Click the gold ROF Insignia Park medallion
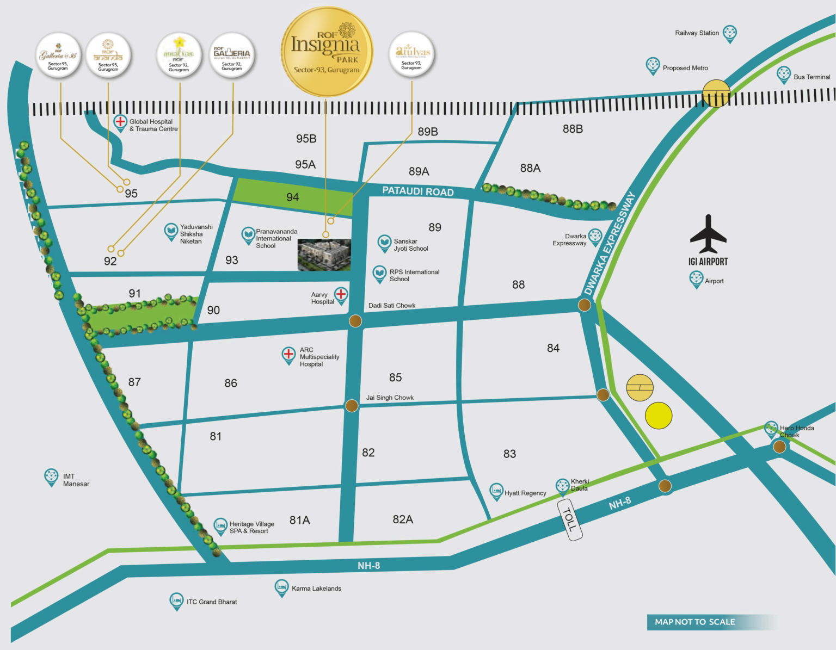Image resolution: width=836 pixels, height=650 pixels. tap(327, 52)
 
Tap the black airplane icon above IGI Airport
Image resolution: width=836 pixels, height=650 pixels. tap(708, 234)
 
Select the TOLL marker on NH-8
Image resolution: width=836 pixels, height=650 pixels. tap(570, 520)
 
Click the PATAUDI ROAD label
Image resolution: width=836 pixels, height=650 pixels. tap(417, 191)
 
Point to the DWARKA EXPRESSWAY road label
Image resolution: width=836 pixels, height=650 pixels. tap(609, 244)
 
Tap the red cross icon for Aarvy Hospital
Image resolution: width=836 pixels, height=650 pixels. tap(341, 295)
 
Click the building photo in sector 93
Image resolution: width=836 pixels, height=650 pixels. tap(324, 255)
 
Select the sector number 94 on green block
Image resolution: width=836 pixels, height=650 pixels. tap(292, 197)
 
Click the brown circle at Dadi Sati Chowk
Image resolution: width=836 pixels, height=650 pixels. tap(355, 321)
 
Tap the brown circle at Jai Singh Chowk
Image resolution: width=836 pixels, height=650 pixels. tap(352, 405)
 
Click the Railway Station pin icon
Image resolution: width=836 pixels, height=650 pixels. tap(729, 33)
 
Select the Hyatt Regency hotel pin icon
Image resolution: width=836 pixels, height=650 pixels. tap(496, 491)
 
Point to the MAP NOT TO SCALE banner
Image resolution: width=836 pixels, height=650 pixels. tap(694, 622)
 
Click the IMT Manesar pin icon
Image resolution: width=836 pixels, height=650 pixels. tap(51, 476)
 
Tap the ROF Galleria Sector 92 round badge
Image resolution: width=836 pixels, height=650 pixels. tap(232, 55)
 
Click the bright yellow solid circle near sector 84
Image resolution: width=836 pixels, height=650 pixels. tap(659, 416)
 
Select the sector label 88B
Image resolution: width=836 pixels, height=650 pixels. tap(573, 129)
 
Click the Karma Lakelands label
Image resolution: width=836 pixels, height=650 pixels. tap(316, 589)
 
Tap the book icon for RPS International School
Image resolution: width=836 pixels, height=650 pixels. tap(379, 273)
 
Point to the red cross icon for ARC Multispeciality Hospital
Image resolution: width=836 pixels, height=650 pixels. tap(288, 354)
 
